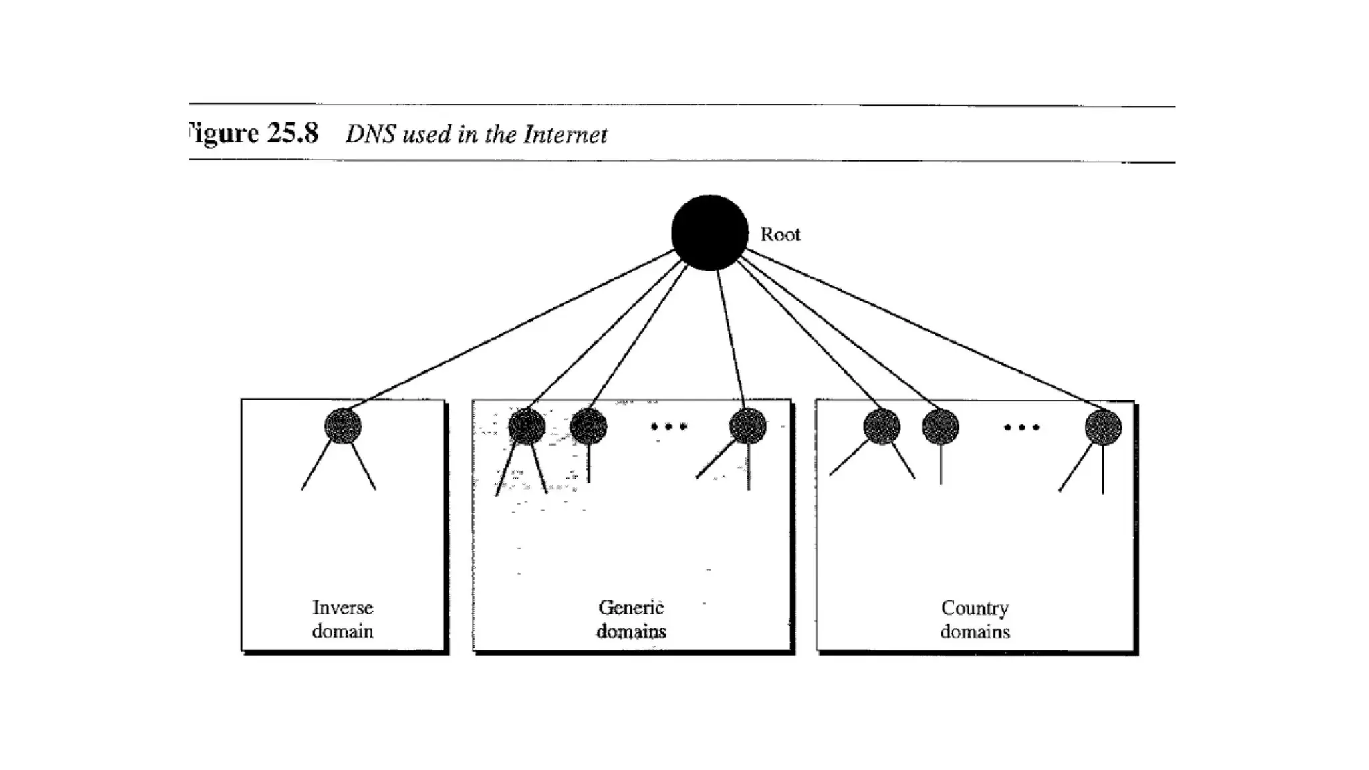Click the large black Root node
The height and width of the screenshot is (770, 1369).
pos(709,233)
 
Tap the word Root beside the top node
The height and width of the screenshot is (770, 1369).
pos(780,235)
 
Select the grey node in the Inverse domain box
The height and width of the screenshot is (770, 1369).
pos(343,426)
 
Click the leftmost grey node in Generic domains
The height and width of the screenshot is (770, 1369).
pos(527,426)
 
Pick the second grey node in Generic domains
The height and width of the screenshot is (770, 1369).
pos(588,426)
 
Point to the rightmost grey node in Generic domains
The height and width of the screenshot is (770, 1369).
pos(747,426)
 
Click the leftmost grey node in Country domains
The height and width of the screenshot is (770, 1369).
pos(882,426)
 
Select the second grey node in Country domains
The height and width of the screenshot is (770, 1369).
pos(941,426)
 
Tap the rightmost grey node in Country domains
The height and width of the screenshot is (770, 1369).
pos(1103,426)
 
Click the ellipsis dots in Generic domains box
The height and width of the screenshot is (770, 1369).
pos(668,426)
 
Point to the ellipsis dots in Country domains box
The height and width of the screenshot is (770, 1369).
pos(1021,427)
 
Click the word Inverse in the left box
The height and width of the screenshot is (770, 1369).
pos(342,608)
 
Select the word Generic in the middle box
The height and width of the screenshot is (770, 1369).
pos(631,608)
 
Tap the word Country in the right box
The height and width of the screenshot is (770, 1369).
pos(975,608)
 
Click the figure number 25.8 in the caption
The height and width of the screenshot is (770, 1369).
pos(293,133)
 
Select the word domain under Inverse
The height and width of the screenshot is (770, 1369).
pos(342,631)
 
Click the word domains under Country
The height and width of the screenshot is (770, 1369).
pos(975,632)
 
